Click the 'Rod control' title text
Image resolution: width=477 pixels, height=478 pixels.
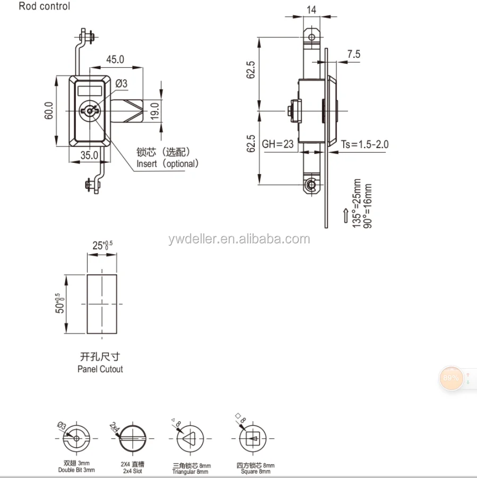tap(44, 7)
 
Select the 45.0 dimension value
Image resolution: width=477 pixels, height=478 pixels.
tap(115, 59)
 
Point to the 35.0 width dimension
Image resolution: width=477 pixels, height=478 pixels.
tap(89, 155)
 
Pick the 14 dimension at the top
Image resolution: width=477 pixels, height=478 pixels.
tap(311, 9)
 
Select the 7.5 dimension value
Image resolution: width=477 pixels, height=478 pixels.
tap(354, 54)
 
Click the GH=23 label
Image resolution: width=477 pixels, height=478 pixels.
tap(278, 144)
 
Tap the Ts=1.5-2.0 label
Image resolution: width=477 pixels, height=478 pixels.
tap(365, 144)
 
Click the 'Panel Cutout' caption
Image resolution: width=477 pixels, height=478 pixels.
tap(100, 369)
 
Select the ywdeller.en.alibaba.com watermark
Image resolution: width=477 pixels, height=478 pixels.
tap(239, 239)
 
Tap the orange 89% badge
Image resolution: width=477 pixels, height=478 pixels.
tap(450, 378)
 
